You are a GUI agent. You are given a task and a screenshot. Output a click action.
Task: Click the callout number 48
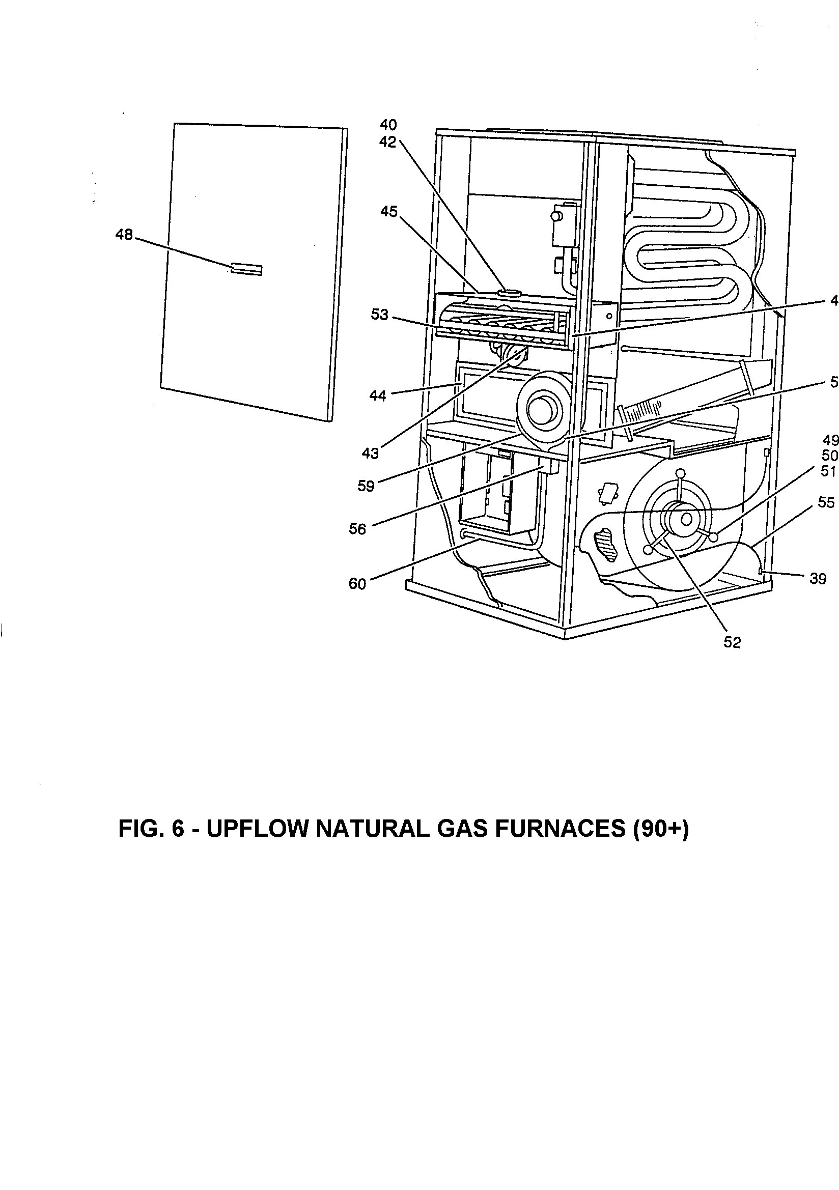(x=124, y=235)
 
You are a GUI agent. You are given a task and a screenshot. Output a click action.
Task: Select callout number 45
(x=389, y=211)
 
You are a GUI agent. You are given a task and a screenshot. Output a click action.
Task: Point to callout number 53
(x=380, y=315)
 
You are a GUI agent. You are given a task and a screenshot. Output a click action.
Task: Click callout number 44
(x=377, y=395)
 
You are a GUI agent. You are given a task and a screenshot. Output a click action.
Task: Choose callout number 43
(x=370, y=454)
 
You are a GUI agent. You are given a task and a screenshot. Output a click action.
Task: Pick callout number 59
(x=366, y=486)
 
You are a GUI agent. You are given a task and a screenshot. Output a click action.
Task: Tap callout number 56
(x=358, y=529)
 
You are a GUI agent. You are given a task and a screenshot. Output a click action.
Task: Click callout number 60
(x=357, y=584)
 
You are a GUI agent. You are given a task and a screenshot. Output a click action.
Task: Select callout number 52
(x=732, y=642)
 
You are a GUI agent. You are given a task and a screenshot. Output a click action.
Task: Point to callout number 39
(x=818, y=578)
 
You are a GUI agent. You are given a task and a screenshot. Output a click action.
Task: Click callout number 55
(x=827, y=502)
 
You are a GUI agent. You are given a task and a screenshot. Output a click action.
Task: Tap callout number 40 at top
(x=388, y=124)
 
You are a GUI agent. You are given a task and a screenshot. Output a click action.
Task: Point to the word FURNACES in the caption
(x=561, y=829)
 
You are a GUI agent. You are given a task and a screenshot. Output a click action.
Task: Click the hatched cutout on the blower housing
(x=605, y=545)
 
